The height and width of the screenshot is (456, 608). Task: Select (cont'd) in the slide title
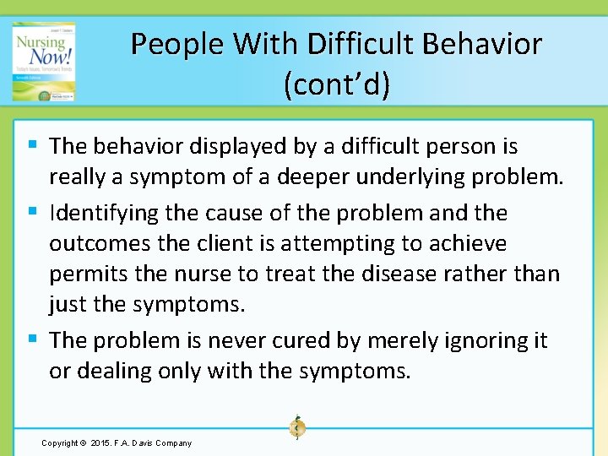click(x=337, y=84)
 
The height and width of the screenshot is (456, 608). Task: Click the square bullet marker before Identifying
click(x=32, y=210)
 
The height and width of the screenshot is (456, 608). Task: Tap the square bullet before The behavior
click(x=32, y=144)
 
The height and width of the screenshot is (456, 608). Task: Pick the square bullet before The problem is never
click(x=32, y=339)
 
